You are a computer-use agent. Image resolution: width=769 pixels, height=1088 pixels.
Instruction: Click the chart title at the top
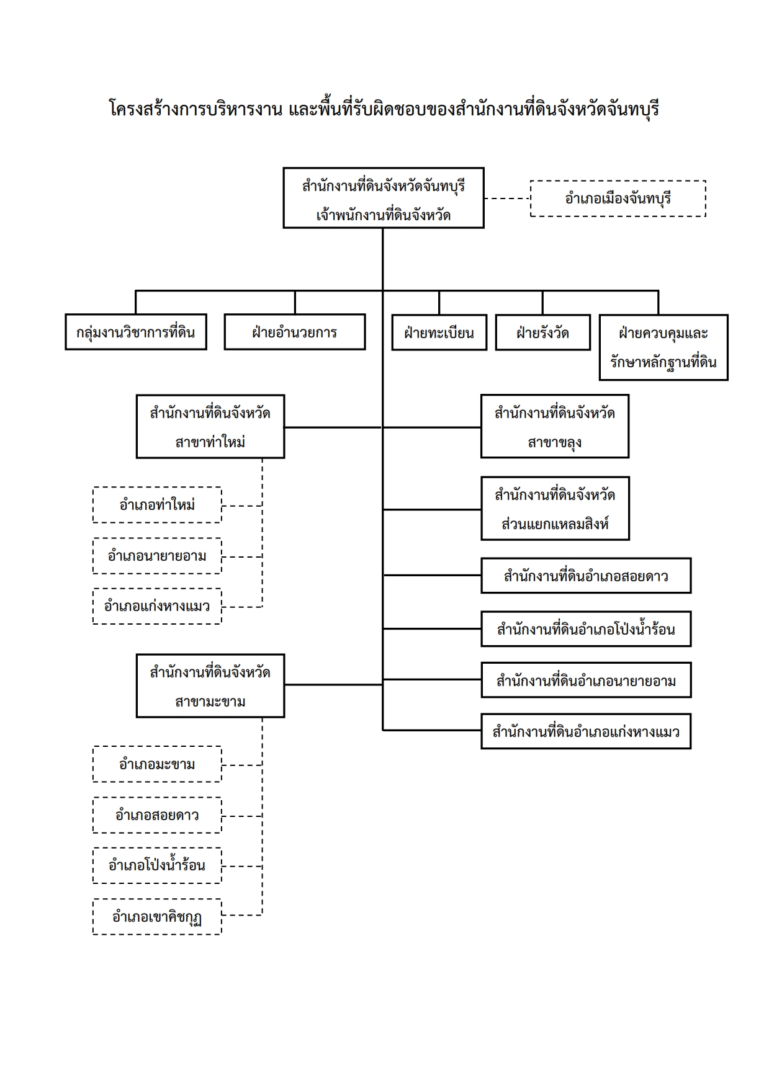click(x=384, y=109)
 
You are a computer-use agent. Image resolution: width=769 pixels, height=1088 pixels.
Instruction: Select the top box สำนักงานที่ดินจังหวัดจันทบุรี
click(x=384, y=198)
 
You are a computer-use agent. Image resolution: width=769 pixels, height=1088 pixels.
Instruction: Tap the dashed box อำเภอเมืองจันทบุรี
click(x=618, y=198)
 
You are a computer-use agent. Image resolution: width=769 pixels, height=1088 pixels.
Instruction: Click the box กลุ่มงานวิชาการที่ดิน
click(x=136, y=332)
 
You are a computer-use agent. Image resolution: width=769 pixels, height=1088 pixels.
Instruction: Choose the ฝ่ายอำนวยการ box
click(x=295, y=332)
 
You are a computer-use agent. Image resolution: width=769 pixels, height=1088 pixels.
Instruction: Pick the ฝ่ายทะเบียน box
click(x=439, y=332)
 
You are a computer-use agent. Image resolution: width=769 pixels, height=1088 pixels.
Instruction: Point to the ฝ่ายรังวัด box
click(x=542, y=332)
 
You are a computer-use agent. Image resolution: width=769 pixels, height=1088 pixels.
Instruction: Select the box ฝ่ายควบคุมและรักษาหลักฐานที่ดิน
click(x=663, y=347)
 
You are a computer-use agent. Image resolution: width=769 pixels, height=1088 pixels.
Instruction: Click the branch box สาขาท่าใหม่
click(x=210, y=427)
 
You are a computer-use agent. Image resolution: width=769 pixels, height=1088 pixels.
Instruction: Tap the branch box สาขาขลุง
click(x=555, y=426)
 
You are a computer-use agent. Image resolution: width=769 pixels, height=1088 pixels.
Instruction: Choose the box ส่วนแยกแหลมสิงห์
click(x=555, y=509)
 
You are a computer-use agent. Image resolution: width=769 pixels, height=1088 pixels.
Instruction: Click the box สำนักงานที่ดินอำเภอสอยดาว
click(x=586, y=576)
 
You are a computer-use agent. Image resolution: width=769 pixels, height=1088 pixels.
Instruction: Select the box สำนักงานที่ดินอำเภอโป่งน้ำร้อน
click(x=586, y=629)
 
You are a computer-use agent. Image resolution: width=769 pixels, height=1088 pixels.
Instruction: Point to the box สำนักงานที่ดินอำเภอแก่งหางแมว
click(x=586, y=731)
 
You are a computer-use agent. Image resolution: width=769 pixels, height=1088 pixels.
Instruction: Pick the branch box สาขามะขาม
click(x=210, y=686)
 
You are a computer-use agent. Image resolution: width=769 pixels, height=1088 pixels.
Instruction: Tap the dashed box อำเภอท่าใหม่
click(x=157, y=505)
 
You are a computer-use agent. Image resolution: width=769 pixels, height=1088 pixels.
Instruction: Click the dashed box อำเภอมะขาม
click(x=157, y=764)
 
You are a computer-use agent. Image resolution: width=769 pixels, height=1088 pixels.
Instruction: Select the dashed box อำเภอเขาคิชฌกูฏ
click(x=157, y=917)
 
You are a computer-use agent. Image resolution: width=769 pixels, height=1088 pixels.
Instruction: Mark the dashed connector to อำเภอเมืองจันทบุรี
click(x=507, y=198)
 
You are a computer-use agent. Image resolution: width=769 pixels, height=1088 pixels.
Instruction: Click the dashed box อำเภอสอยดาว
click(x=157, y=815)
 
